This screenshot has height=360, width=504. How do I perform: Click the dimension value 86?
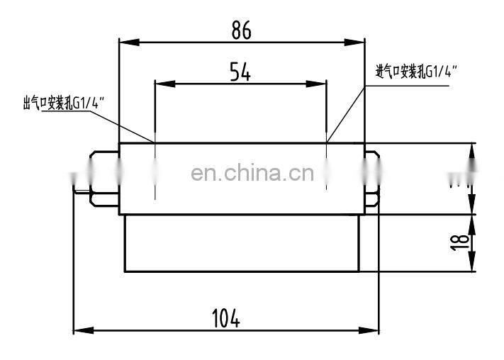[241, 30]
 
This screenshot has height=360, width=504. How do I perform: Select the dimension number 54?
[240, 72]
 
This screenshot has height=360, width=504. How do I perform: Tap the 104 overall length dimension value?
[226, 319]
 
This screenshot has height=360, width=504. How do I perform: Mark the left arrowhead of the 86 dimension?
[125, 42]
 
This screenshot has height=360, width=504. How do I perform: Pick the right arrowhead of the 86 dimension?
[359, 42]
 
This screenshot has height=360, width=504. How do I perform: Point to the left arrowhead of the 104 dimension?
[80, 330]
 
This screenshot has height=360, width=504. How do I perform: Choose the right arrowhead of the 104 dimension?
[374, 330]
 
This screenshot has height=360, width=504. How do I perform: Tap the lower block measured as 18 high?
[241, 243]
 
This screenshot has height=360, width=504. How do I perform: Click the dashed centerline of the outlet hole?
[155, 170]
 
